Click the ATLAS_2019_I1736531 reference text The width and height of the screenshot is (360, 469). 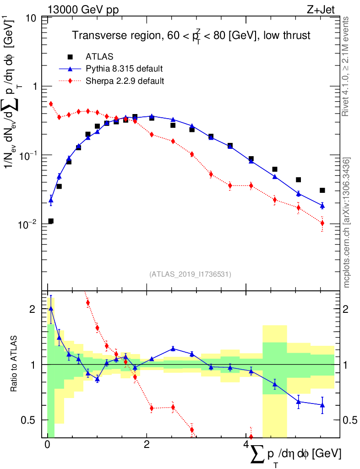point(190,274)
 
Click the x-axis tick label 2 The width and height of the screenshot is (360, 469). point(146,445)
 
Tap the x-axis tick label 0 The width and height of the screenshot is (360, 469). point(47,445)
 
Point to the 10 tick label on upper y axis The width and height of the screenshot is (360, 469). point(32,19)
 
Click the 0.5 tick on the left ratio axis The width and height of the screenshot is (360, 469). point(30,420)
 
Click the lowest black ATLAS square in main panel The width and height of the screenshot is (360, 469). point(51,221)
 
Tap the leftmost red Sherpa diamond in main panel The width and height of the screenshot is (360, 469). point(51,104)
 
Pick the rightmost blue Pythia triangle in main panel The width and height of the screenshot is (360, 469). point(322,205)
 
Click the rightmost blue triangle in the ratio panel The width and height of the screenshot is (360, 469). point(322,405)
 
